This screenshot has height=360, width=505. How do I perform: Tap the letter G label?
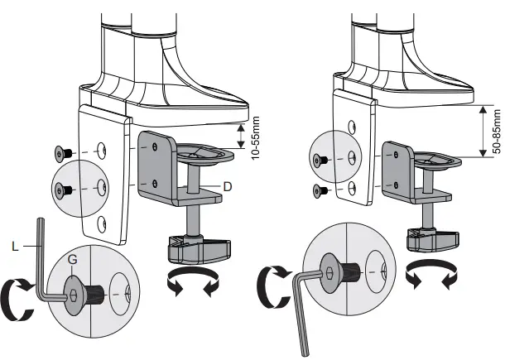(73, 260)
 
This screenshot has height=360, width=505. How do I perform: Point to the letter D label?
(226, 186)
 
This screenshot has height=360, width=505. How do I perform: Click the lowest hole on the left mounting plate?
(102, 221)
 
